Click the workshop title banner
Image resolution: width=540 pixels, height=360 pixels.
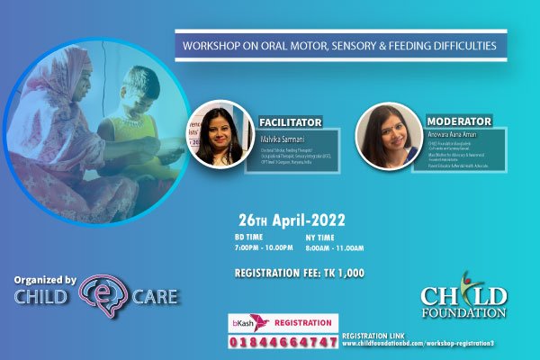coord(340,45)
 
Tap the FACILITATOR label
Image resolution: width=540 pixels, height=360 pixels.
coord(291,121)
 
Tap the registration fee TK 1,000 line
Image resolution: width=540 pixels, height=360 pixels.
coord(298,272)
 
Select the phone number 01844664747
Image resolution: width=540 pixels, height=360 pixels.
coord(282,342)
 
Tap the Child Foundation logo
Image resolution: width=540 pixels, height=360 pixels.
coord(463,295)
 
